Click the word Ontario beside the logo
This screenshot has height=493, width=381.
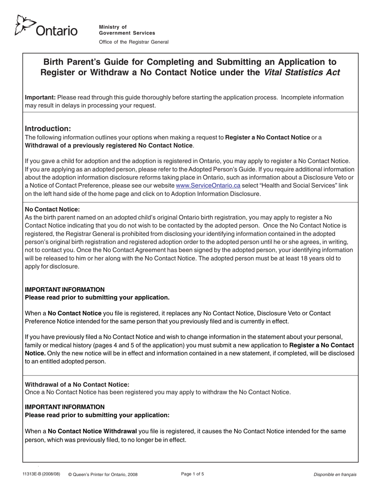57,30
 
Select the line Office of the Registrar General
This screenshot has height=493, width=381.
134,42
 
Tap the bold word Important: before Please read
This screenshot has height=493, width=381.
41,97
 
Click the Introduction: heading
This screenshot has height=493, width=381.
48,129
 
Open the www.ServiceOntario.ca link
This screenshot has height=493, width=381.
208,186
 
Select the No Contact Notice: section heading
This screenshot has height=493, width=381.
53,209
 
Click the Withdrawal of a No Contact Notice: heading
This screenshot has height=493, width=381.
77,384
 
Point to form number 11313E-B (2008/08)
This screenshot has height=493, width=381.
41,474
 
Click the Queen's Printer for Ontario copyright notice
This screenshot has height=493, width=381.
103,475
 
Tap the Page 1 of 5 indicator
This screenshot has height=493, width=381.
193,474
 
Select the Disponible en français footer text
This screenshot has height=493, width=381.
335,475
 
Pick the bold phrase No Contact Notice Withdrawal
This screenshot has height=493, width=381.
92,431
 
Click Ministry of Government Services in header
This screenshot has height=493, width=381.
127,30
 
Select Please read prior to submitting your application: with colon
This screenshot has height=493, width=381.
97,415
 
